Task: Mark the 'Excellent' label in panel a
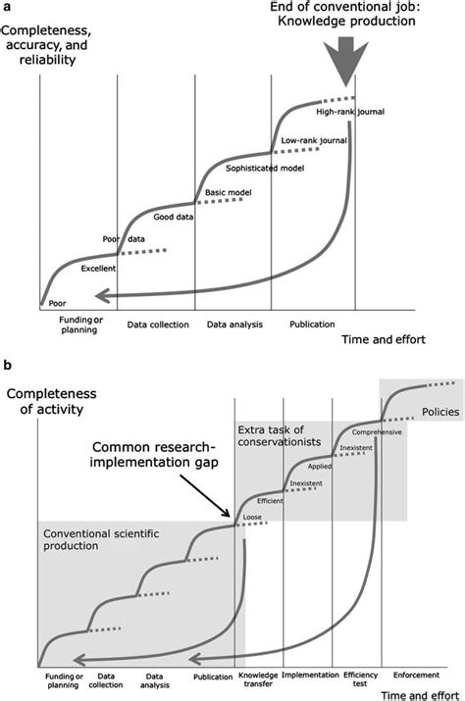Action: [x=99, y=268]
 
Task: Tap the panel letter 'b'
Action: [x=9, y=364]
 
